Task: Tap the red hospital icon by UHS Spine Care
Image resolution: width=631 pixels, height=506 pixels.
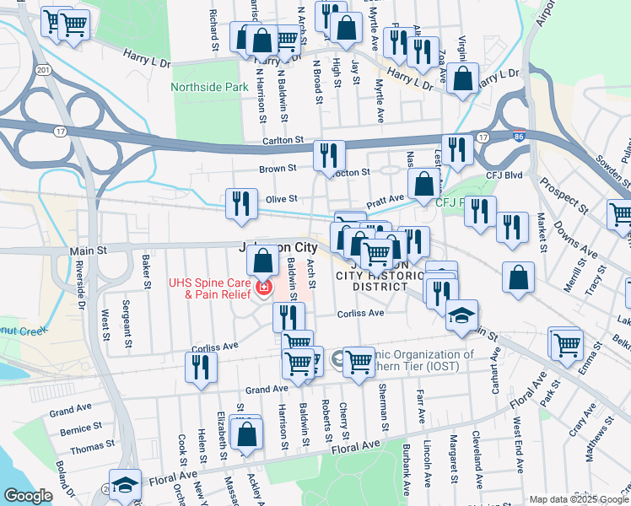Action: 264,288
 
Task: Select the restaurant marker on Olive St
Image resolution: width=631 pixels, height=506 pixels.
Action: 242,204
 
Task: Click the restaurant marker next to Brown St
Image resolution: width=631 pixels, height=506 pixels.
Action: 328,156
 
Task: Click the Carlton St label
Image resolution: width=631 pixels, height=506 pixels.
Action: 282,141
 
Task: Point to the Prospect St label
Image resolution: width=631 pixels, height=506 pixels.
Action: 563,196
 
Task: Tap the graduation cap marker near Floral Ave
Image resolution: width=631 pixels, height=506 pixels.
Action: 125,485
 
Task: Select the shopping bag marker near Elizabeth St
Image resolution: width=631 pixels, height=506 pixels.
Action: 246,435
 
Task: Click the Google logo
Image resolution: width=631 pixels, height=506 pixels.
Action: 28,496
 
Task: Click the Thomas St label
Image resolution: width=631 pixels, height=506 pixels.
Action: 86,449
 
